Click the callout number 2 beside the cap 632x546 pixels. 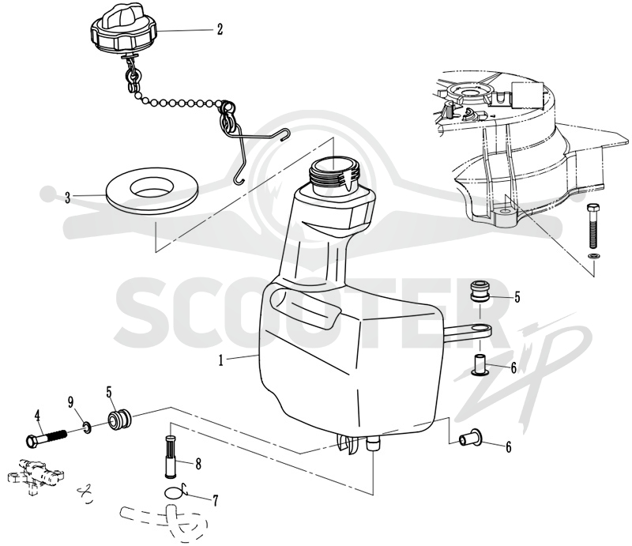coord(220,29)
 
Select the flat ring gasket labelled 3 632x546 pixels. coord(152,190)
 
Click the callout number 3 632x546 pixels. coord(68,198)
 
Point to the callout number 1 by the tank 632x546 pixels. coord(221,360)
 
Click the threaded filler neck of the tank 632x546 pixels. coord(333,174)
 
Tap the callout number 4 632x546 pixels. coord(37,416)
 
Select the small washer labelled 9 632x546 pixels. coord(86,427)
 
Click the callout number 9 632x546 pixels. coord(70,401)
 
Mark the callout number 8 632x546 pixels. coord(198,464)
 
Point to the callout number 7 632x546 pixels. coord(216,501)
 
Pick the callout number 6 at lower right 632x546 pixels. coord(509,446)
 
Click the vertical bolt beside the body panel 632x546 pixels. coord(593,226)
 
